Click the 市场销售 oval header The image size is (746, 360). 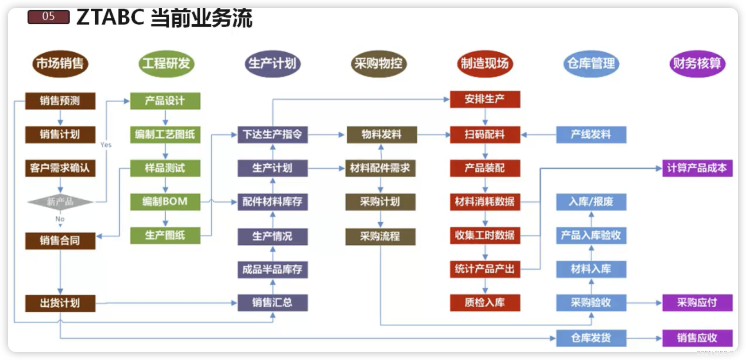60,64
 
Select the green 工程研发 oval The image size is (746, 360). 166,64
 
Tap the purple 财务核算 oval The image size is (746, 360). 697,64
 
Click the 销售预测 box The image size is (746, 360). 60,101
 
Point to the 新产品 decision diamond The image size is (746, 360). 60,202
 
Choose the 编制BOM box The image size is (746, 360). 165,202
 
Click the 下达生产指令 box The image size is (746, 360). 272,135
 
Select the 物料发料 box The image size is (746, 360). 381,135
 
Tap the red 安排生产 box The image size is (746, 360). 485,99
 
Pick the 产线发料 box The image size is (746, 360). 591,135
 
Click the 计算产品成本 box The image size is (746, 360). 697,168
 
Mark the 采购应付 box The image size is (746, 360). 697,303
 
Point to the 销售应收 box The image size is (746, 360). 697,338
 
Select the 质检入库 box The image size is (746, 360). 485,303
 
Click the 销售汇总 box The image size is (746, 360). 272,303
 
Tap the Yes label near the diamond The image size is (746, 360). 106,145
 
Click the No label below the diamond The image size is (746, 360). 60,219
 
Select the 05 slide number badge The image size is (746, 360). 49,17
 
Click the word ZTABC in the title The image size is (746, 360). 110,18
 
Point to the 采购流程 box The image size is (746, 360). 380,236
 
